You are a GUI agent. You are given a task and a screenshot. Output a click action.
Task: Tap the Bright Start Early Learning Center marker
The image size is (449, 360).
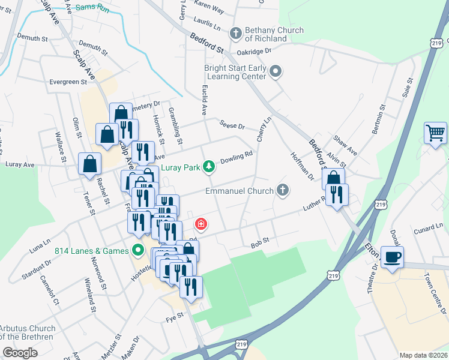(x=276, y=72)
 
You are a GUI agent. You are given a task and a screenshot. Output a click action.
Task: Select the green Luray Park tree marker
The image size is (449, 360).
(x=208, y=166)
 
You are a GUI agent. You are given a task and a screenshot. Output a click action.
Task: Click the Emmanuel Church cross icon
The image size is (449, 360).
(x=283, y=191)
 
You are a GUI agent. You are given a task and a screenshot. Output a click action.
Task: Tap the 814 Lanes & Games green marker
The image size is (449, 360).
(x=138, y=250)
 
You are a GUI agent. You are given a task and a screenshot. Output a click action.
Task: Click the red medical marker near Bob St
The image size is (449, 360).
(x=200, y=224)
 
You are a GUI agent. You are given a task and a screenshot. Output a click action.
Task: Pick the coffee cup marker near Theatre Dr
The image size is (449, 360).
(x=392, y=257)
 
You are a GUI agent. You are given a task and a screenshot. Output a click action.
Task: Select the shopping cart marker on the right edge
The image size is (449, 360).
(x=435, y=132)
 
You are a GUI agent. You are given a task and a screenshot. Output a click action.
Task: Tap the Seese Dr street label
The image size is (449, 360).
(x=232, y=126)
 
